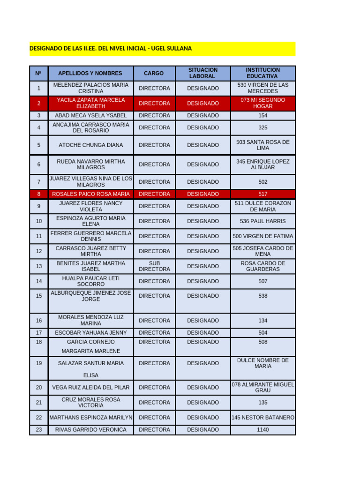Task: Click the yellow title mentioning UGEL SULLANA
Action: coord(111,49)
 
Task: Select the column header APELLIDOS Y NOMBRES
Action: coord(90,73)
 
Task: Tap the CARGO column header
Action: coord(154,73)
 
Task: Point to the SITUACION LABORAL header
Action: coord(202,73)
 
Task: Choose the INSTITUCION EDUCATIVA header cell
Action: coord(262,73)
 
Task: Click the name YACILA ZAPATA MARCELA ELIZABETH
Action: coord(91,103)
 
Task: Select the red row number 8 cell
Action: coord(39,194)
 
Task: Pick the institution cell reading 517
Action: coord(262,194)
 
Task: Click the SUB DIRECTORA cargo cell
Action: coord(154,266)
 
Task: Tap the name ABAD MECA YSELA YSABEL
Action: coord(91,115)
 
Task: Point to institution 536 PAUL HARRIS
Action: coord(262,221)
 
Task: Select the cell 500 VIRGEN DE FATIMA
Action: coord(262,236)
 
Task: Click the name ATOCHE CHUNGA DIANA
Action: coord(91,145)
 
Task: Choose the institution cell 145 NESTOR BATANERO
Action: coord(262,418)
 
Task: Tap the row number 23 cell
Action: coord(39,430)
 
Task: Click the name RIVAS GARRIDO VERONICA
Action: coord(91,430)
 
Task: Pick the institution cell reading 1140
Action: coord(262,430)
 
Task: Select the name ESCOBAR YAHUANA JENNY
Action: coord(91,333)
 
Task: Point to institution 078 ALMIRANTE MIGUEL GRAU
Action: coord(262,388)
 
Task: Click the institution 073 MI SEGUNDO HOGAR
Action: coord(262,103)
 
